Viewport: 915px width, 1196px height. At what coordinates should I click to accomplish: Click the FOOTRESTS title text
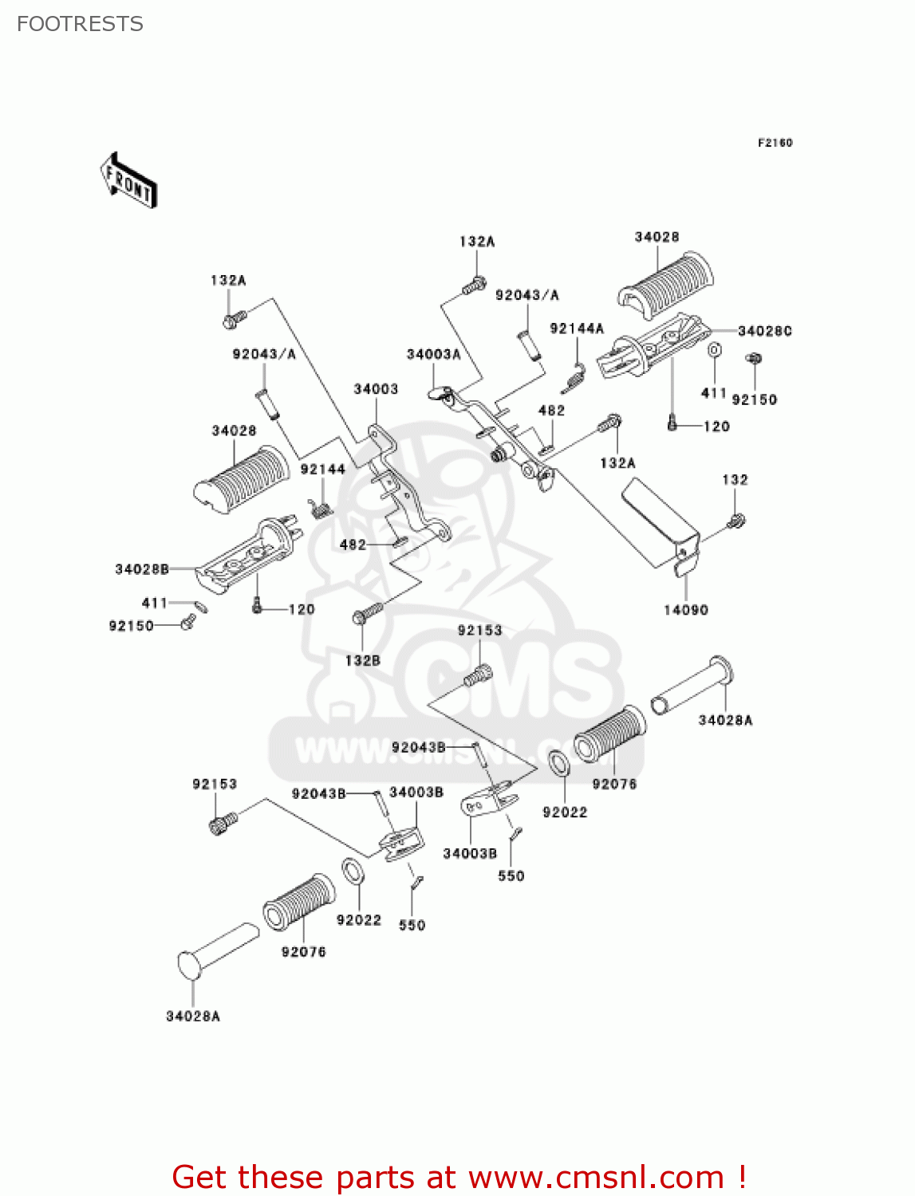(80, 24)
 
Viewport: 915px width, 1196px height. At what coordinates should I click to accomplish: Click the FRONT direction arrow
(128, 181)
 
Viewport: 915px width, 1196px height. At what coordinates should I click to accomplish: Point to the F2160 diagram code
(775, 143)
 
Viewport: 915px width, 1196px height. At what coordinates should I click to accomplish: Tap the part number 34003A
(433, 354)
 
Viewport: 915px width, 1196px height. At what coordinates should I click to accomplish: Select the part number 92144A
(577, 329)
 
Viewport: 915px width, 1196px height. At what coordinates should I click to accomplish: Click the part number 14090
(685, 610)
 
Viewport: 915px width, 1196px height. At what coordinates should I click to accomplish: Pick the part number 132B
(362, 660)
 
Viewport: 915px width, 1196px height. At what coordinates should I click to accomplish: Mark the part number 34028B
(142, 569)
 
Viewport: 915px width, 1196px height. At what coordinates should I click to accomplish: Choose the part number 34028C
(764, 331)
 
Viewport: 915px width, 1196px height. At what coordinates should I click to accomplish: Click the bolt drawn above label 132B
(367, 613)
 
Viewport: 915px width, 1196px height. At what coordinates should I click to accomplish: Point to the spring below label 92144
(321, 508)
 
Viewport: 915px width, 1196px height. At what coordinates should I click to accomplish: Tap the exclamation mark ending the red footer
(742, 1177)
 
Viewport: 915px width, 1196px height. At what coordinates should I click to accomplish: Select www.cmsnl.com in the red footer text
(596, 1177)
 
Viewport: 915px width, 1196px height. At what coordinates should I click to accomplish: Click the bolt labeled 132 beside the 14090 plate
(736, 521)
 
